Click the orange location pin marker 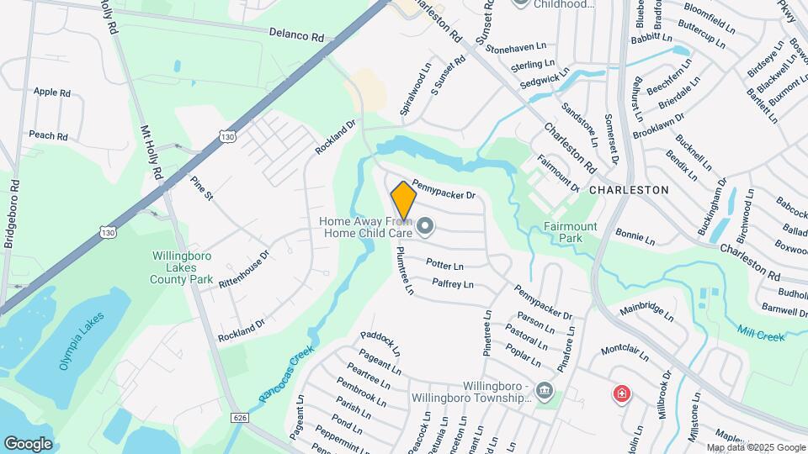pos(404,200)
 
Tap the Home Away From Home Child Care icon pos(425,225)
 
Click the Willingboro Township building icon pos(544,392)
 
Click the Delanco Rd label pos(296,37)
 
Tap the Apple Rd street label pos(51,92)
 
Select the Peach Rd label pos(48,135)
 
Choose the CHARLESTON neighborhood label pos(629,190)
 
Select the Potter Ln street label pos(445,265)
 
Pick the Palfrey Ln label pos(454,283)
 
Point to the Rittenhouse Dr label pos(243,267)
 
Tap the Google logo pos(28,443)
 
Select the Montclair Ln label pos(625,352)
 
